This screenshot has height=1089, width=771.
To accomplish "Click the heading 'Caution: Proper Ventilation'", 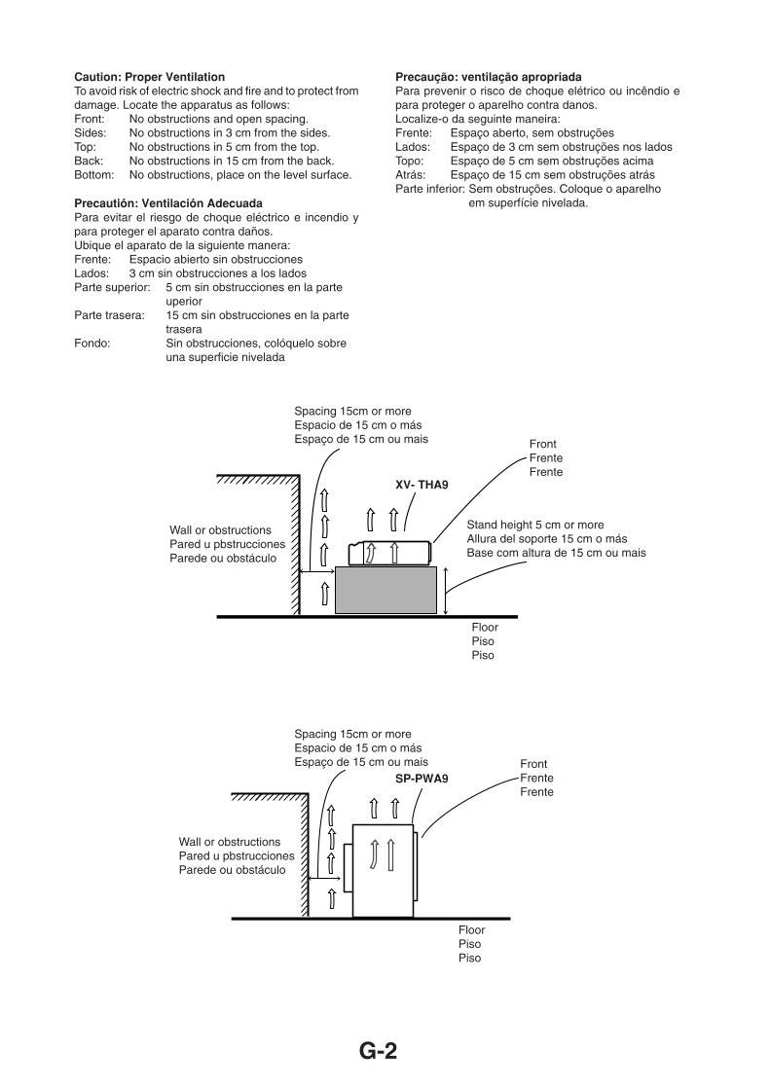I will (149, 76).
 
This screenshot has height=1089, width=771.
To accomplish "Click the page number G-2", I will (378, 1051).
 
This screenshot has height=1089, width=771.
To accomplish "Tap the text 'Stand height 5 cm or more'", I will (534, 525).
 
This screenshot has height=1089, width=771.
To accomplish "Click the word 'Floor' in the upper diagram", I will (485, 628).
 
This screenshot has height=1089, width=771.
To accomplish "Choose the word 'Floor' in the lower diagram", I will (471, 930).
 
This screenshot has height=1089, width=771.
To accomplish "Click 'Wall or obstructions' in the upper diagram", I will (220, 530).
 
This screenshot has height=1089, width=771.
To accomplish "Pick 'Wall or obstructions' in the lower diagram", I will (229, 841).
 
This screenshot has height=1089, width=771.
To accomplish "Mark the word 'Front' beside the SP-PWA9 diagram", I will (533, 765).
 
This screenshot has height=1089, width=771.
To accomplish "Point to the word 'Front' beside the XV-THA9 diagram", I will (543, 444).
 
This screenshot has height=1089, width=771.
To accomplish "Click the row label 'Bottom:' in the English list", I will (94, 175).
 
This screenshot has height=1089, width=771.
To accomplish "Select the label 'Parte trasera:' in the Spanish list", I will (109, 315).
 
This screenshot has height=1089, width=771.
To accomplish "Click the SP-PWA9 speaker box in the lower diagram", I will (382, 868).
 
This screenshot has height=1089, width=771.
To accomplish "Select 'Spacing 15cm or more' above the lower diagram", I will (352, 734).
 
